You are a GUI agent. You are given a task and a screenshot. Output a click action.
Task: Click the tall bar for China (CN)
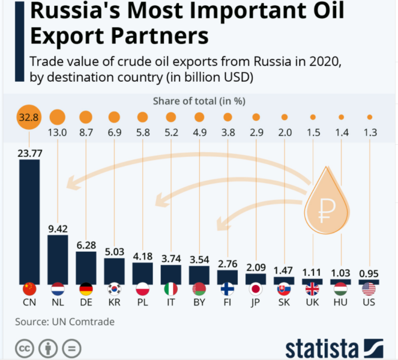coord(30,220)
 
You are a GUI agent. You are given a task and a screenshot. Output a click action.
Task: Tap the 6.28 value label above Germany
coord(86,245)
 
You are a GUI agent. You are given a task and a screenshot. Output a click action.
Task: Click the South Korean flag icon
coord(114,288)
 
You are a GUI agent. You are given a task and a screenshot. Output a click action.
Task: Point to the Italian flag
coord(171,288)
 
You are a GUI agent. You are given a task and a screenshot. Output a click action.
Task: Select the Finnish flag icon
coord(228,288)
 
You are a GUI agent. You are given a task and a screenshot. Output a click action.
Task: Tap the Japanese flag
coord(256,288)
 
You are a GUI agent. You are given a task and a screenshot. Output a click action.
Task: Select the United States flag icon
coord(369,288)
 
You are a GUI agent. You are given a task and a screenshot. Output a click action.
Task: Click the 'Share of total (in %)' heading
coord(198,101)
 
